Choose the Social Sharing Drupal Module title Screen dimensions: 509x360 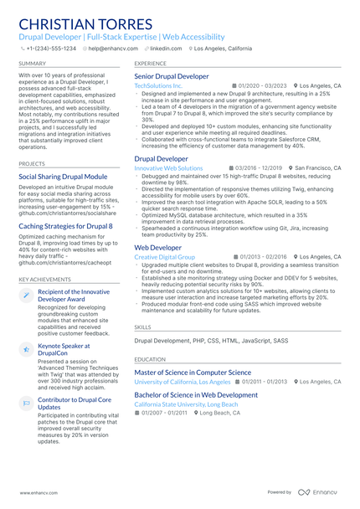click(x=63, y=177)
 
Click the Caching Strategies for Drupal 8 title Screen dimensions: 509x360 click(x=65, y=225)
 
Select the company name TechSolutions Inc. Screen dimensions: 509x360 click(x=158, y=85)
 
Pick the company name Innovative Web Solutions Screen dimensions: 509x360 click(x=168, y=167)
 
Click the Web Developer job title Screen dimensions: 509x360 click(x=157, y=248)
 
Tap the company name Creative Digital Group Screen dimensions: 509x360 click(x=165, y=257)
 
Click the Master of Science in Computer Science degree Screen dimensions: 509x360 click(x=193, y=372)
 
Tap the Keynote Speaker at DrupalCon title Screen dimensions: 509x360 click(x=64, y=348)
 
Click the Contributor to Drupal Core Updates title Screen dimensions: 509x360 click(x=74, y=404)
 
